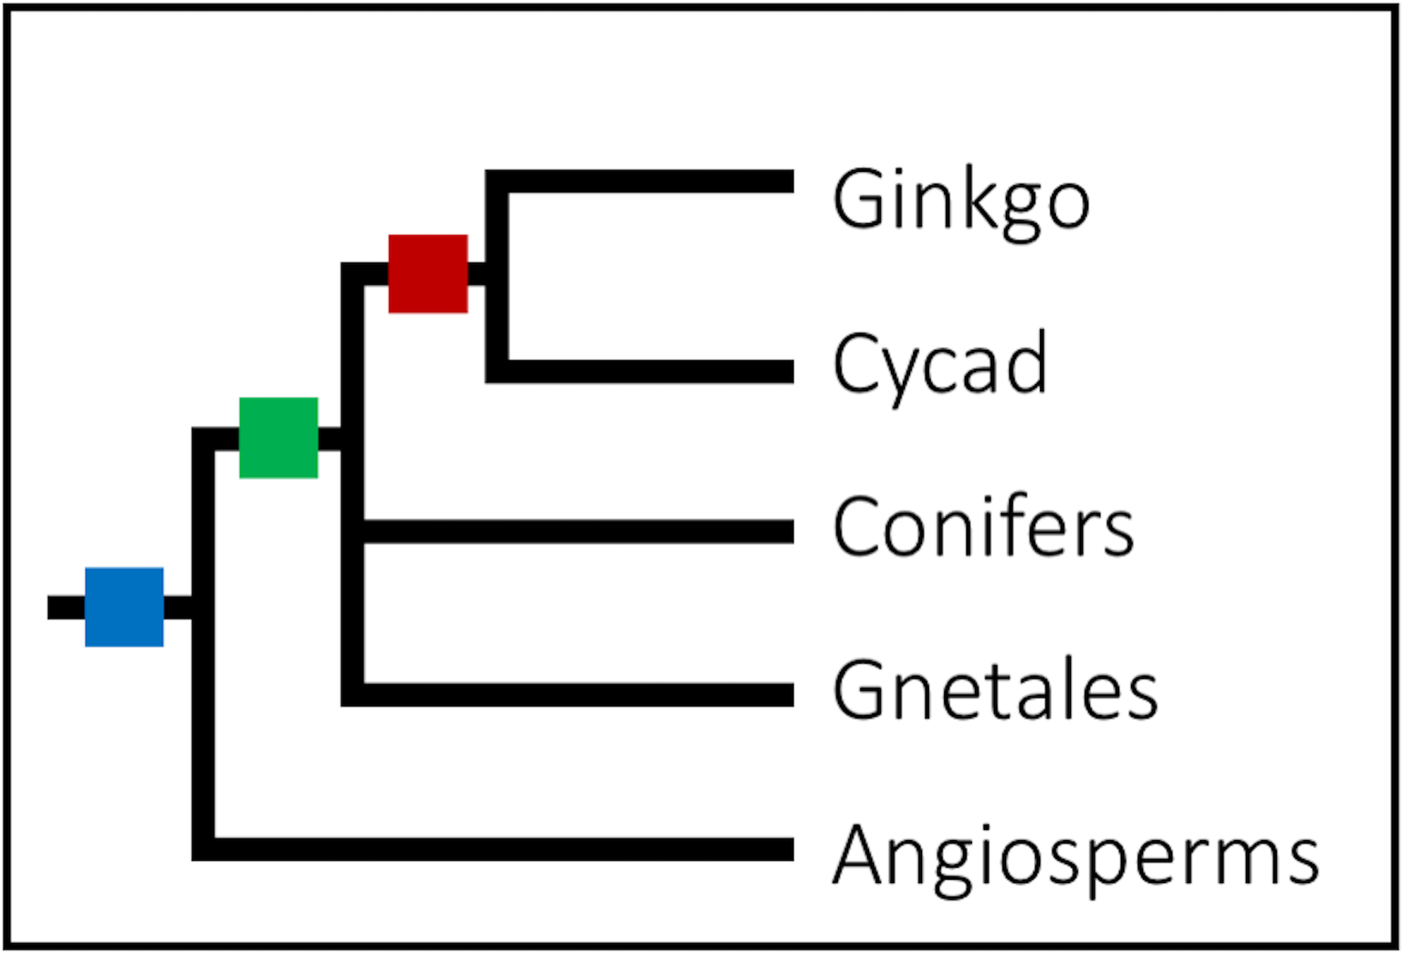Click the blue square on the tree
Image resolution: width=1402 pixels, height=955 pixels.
124,607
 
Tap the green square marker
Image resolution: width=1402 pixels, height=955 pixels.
279,438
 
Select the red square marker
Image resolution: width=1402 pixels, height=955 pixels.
428,274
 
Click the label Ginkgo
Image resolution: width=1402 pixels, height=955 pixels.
961,201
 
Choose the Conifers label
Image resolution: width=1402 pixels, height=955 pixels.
983,527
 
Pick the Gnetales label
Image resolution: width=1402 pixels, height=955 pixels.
995,691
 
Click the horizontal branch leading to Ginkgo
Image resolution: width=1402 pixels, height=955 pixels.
650,181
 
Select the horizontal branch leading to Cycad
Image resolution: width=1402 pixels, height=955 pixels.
650,371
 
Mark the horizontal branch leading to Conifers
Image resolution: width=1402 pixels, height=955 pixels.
578,531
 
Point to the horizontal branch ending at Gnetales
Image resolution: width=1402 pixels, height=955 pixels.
578,694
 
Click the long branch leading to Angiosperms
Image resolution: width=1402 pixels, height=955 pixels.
499,849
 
